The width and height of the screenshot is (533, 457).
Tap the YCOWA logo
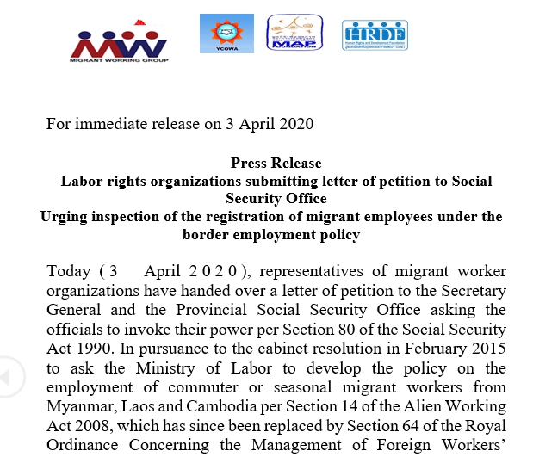click(x=226, y=33)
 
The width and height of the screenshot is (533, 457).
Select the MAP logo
click(x=295, y=34)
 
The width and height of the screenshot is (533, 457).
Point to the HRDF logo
click(x=375, y=34)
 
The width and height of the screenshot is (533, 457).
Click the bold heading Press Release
click(x=276, y=163)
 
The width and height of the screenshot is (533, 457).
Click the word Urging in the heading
click(x=63, y=216)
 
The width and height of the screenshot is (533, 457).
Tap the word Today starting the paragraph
click(x=68, y=271)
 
